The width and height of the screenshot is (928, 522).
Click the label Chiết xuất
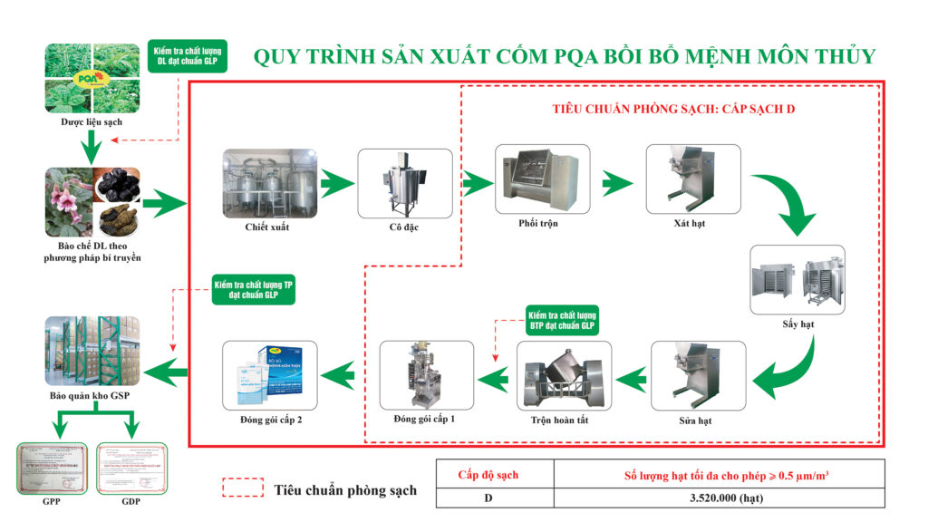[267, 227]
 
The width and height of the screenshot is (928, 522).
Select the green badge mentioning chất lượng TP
[253, 289]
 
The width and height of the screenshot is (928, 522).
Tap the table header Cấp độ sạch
[494, 474]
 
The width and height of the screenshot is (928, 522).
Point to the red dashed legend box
[243, 488]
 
